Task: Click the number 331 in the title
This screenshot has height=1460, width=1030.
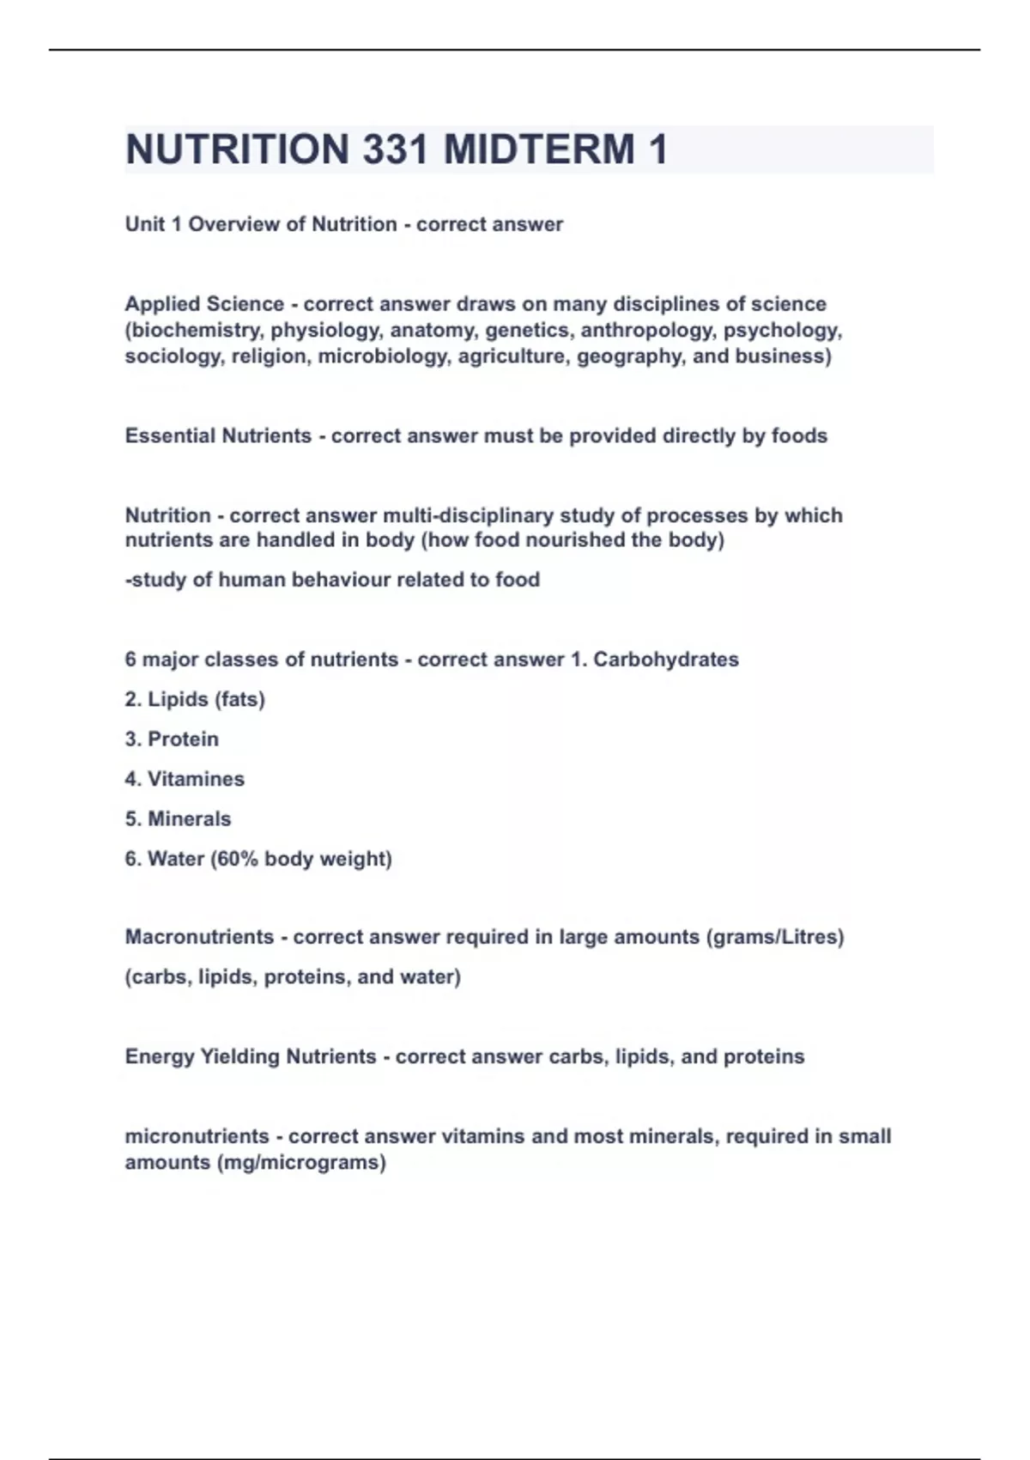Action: point(395,149)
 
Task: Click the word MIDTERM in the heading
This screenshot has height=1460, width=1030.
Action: point(539,149)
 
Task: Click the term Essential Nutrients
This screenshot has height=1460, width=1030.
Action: point(218,436)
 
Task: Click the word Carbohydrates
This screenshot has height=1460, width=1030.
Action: point(666,660)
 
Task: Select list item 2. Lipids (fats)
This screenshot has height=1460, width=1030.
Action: point(195,700)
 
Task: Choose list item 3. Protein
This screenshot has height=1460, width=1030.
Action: point(172,739)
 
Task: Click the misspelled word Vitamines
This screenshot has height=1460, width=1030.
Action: point(196,779)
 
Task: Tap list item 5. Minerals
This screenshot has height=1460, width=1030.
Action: point(178,819)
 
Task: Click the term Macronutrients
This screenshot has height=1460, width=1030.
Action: point(199,937)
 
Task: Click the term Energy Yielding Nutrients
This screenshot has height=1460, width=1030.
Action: point(251,1056)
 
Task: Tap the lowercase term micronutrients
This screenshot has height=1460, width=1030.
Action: point(197,1136)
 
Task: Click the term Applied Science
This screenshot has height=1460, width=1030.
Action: point(204,304)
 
